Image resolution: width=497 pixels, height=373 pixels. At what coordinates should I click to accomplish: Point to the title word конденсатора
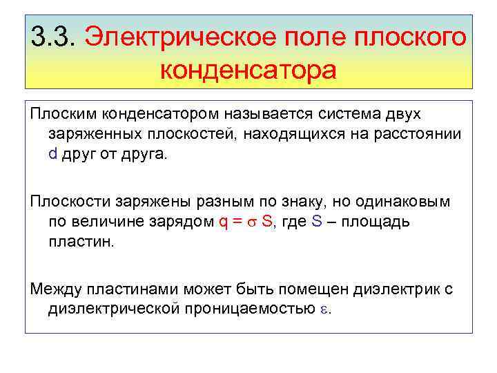click(x=248, y=69)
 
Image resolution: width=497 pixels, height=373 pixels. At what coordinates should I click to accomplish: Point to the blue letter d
click(x=53, y=153)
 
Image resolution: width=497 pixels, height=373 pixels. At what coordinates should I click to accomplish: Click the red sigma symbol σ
click(x=252, y=222)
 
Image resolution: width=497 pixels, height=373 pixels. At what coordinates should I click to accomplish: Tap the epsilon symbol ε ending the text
click(x=325, y=310)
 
